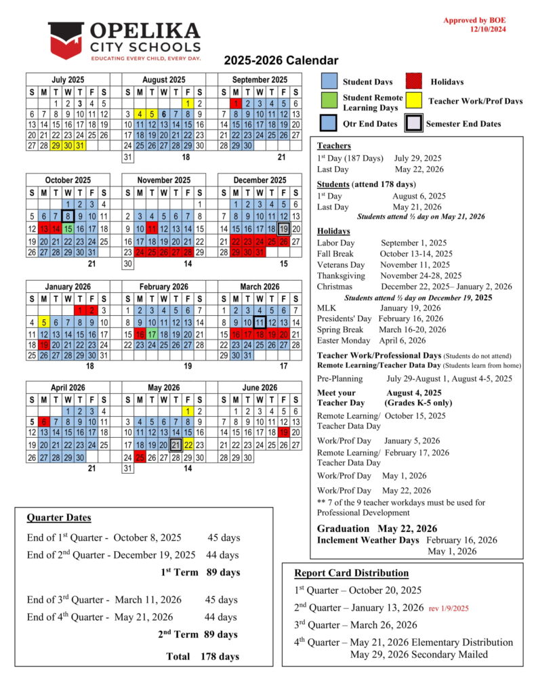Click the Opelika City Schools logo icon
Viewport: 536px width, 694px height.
coord(66,39)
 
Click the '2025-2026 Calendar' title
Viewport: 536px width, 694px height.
coord(281,60)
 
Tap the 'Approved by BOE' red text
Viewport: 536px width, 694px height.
coord(474,20)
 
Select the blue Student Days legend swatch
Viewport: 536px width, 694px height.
coord(329,82)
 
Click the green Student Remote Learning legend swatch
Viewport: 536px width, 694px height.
coord(329,102)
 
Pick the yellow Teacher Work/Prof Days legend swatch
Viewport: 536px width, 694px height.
coord(415,102)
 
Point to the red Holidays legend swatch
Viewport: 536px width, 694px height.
coord(415,82)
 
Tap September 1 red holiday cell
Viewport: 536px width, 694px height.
coord(234,104)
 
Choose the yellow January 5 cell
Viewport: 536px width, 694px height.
coord(43,322)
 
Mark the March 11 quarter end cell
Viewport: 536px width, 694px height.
coord(259,322)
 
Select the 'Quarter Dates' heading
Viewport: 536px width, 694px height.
coord(59,518)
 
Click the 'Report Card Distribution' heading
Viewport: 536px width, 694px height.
coord(351,573)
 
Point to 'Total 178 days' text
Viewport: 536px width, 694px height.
coord(202,656)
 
